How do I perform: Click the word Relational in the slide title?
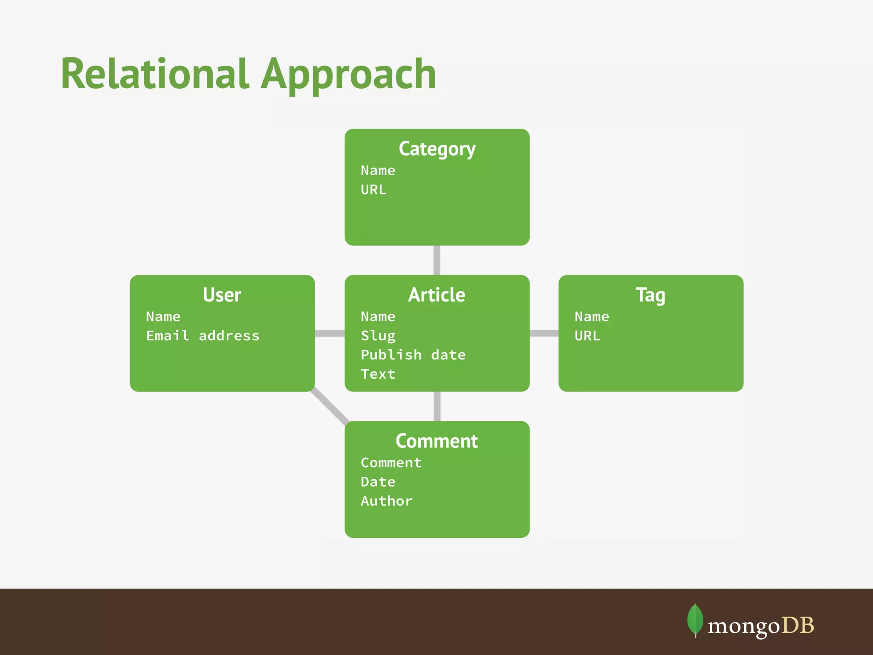point(154,74)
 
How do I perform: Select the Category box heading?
point(437,149)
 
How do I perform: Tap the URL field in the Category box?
point(373,189)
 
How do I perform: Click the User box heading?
point(222,295)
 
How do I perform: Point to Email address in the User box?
point(202,336)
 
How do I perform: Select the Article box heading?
point(437,295)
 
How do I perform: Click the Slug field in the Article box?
point(378,336)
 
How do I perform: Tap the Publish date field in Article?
point(413,355)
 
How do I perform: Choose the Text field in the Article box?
point(378,374)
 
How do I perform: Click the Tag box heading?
point(650,295)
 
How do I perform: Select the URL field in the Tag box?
point(587,336)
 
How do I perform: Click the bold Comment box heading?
point(437,441)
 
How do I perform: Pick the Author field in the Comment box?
point(387,501)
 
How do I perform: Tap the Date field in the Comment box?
point(378,482)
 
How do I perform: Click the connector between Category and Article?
point(437,260)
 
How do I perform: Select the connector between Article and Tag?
point(544,333)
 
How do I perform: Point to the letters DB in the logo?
point(798,626)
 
